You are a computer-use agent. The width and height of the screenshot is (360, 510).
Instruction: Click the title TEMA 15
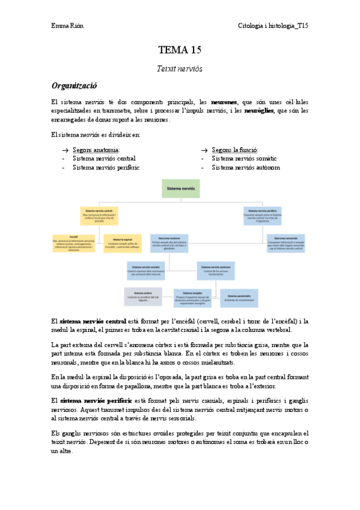point(180,50)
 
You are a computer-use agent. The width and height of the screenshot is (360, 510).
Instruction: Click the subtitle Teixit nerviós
point(180,69)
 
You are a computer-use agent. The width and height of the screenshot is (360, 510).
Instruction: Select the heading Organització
point(75,86)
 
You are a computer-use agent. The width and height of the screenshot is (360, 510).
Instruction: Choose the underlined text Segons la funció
point(235,150)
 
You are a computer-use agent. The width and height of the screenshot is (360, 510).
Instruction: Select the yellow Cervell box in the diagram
point(75,243)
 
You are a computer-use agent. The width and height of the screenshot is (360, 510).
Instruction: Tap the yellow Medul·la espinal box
point(123,243)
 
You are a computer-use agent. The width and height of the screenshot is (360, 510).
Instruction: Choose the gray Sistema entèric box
point(144,295)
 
